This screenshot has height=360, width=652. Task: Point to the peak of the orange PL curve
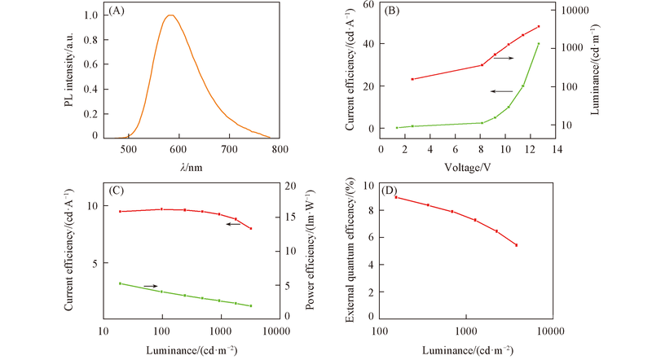click(x=170, y=15)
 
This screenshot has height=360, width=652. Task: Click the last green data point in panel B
click(x=539, y=43)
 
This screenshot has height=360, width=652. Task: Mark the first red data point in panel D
click(x=395, y=197)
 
